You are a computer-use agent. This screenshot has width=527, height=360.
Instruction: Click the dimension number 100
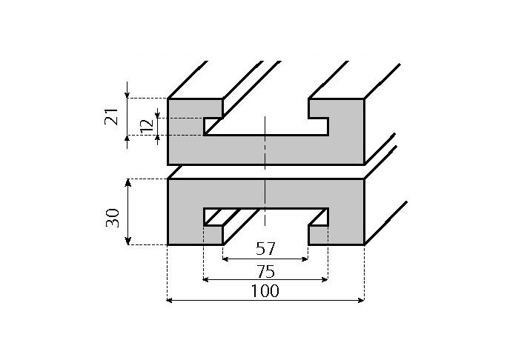pyautogui.click(x=265, y=291)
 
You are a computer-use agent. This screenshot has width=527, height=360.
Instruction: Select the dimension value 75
pyautogui.click(x=265, y=270)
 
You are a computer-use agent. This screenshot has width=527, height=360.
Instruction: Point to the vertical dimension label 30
pyautogui.click(x=113, y=217)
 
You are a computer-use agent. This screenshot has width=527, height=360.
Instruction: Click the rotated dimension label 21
pyautogui.click(x=112, y=116)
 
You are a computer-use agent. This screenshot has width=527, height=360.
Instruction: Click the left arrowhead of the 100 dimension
pyautogui.click(x=170, y=300)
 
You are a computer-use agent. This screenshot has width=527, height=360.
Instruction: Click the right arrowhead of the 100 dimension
pyautogui.click(x=361, y=300)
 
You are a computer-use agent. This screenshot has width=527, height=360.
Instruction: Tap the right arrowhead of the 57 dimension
pyautogui.click(x=305, y=259)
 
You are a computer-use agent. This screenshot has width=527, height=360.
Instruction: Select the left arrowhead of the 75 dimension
pyautogui.click(x=207, y=280)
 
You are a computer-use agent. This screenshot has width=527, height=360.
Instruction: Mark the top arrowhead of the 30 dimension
pyautogui.click(x=128, y=182)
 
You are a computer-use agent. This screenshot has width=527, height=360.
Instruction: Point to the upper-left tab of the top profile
pyautogui.click(x=195, y=107)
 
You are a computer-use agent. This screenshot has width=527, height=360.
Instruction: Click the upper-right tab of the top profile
pyautogui.click(x=336, y=107)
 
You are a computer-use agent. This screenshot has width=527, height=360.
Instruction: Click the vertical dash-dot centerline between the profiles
pyautogui.click(x=265, y=171)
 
